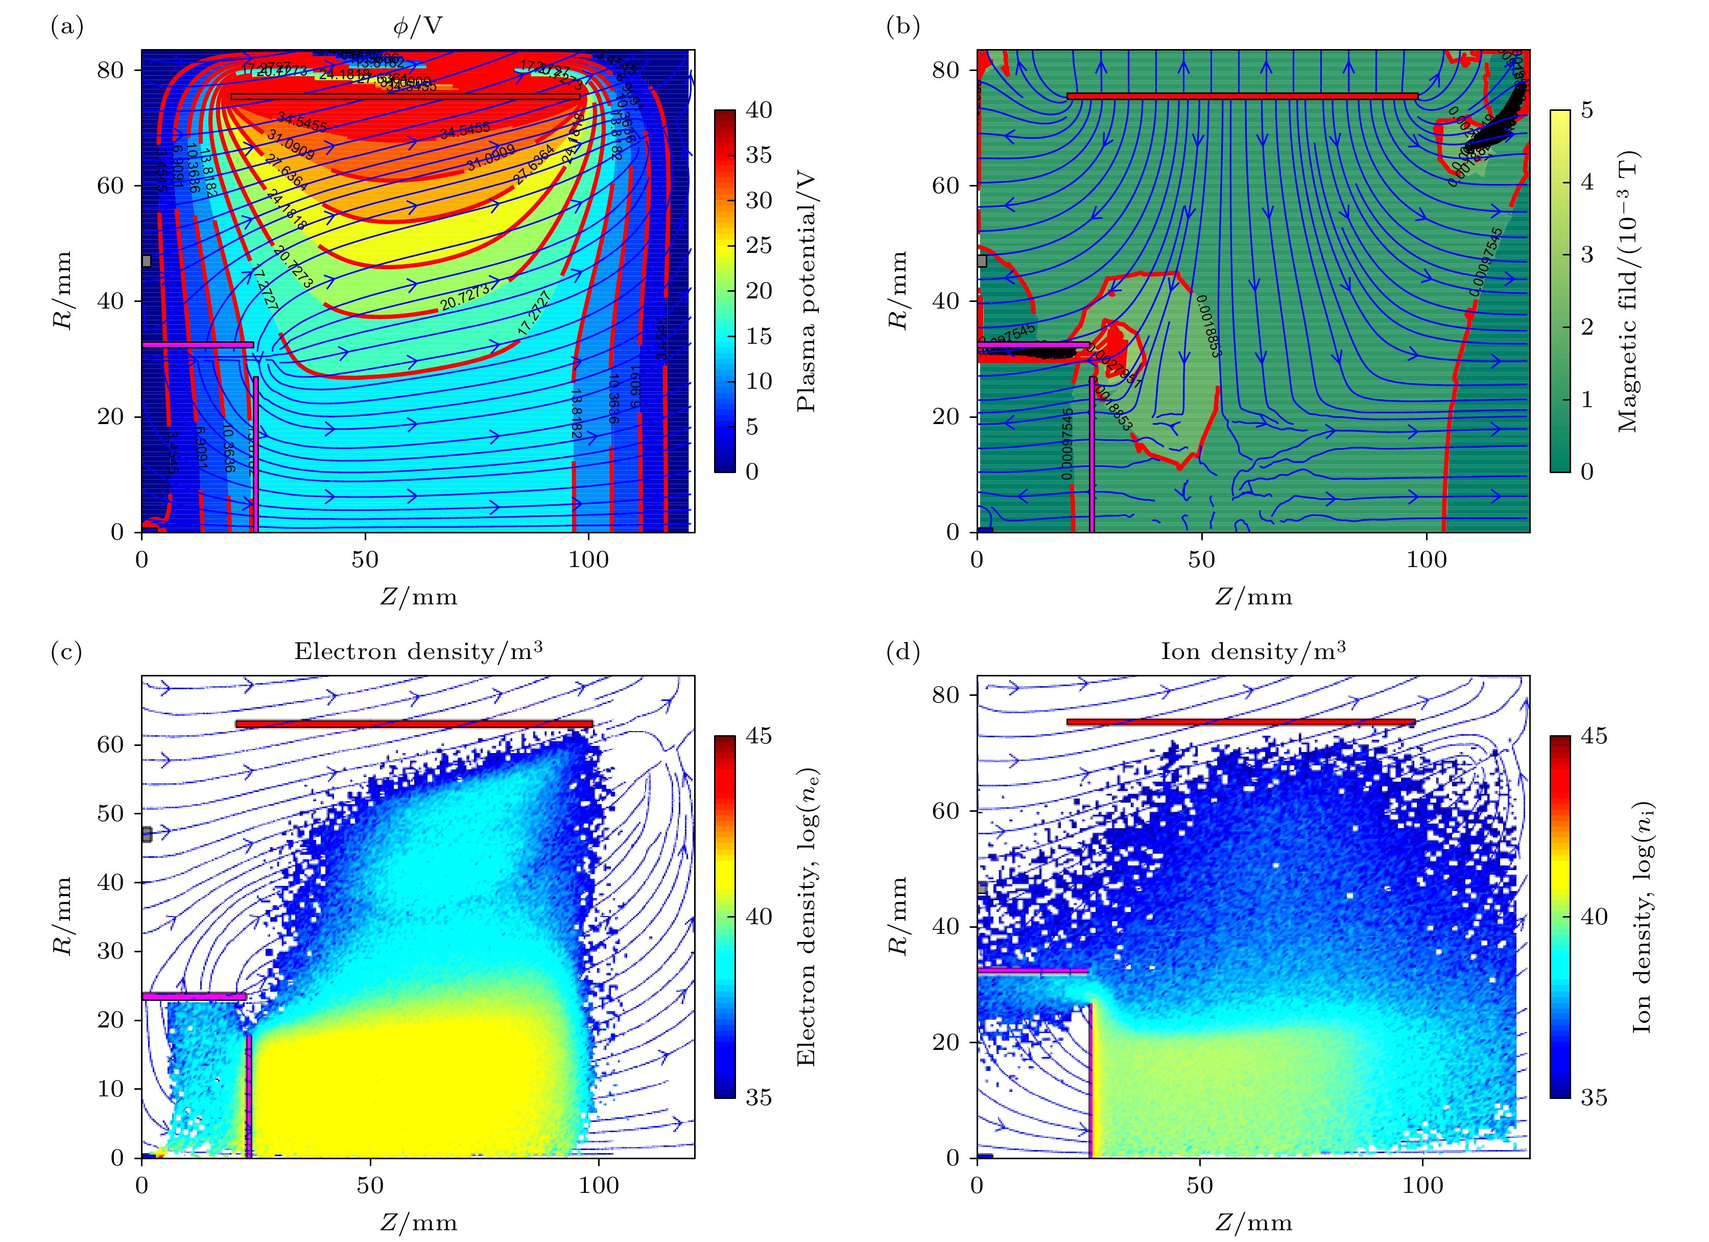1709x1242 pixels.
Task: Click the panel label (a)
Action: click(x=66, y=27)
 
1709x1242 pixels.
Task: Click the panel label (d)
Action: click(x=903, y=652)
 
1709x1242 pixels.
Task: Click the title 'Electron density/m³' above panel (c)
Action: click(x=418, y=651)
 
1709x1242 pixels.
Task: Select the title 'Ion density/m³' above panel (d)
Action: click(x=1253, y=651)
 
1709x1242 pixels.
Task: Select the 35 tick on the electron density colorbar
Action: click(x=759, y=1097)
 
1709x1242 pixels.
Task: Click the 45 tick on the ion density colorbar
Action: click(x=1594, y=736)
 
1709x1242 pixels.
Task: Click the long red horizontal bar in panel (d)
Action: click(x=1240, y=722)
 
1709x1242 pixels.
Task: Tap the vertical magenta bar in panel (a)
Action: click(x=255, y=452)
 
